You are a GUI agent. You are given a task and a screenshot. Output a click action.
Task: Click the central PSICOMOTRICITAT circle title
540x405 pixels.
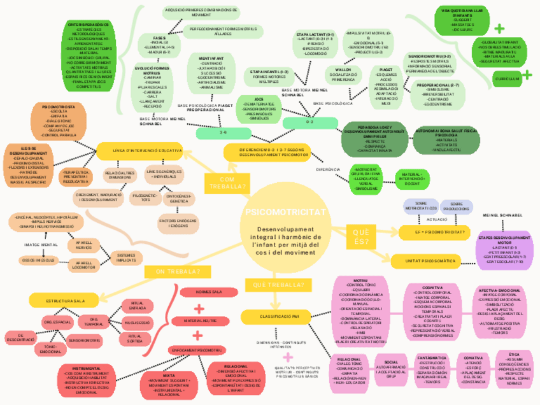pos(286,211)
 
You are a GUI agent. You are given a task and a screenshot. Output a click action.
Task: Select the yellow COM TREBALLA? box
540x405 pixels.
pos(226,182)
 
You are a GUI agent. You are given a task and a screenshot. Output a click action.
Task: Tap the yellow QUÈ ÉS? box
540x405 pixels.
pos(360,237)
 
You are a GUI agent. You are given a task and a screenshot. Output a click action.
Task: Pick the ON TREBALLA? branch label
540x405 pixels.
pos(173,271)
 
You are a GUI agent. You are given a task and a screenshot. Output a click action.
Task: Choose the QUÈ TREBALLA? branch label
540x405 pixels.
pos(278,284)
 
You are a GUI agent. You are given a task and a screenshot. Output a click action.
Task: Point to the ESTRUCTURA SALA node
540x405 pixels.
pos(62,299)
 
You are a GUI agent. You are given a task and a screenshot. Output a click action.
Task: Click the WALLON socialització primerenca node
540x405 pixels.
pos(343,75)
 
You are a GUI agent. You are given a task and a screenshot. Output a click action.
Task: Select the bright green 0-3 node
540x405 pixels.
pos(310,121)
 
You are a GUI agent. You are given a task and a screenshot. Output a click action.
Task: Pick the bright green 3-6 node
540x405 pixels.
pos(224,132)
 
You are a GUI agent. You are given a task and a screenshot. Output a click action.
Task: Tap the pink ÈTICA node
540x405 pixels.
pos(514,367)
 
